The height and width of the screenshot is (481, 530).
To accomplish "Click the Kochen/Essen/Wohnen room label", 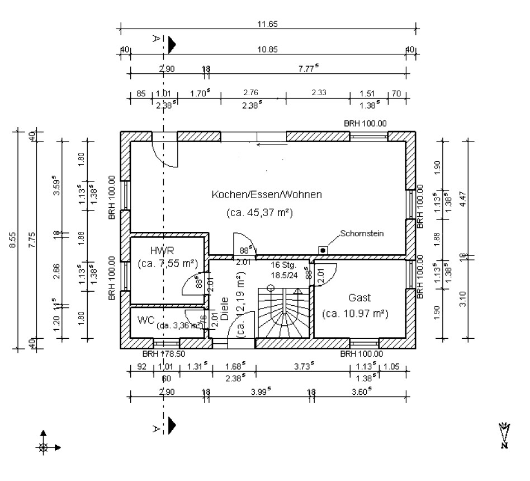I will (267, 195).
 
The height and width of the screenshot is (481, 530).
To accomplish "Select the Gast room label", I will (360, 297).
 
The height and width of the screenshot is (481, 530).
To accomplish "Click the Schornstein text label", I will (362, 233).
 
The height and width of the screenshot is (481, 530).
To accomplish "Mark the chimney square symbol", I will (323, 250).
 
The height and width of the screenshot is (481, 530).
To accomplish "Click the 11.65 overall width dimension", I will (267, 24).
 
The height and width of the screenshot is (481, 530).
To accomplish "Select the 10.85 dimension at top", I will (267, 49).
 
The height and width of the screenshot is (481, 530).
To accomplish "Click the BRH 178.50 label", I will (163, 354).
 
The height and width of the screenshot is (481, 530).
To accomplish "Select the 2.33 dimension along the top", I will (318, 92).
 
